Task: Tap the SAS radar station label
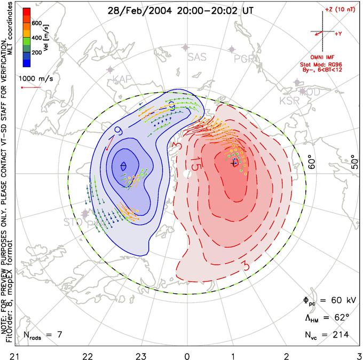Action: (x=197, y=57)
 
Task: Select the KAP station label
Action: (x=122, y=80)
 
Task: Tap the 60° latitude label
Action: (x=313, y=161)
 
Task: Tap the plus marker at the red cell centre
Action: (x=233, y=163)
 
